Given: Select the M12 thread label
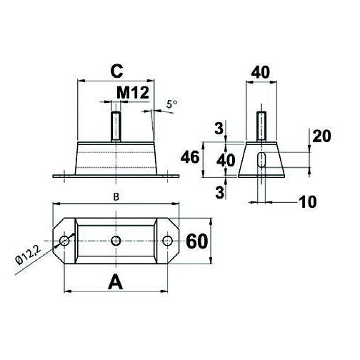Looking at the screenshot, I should coord(133,94).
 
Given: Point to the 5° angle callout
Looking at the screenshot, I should coord(171,104).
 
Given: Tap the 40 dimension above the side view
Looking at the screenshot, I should coord(261,72).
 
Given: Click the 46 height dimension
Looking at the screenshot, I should coord(190,159).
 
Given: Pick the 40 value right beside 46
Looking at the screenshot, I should coord(226,159).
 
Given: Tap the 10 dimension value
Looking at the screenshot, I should coord(308,202).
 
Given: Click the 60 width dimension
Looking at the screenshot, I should coord(198,241).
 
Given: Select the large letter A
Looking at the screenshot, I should coord(114,282).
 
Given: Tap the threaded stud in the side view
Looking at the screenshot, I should coord(262,127).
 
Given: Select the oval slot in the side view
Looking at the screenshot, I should coord(262,159).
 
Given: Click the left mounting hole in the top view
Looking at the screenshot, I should coord(66,241).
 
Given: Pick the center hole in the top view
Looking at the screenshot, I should coord(116,241).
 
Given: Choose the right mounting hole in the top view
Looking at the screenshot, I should coord(168,241).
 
